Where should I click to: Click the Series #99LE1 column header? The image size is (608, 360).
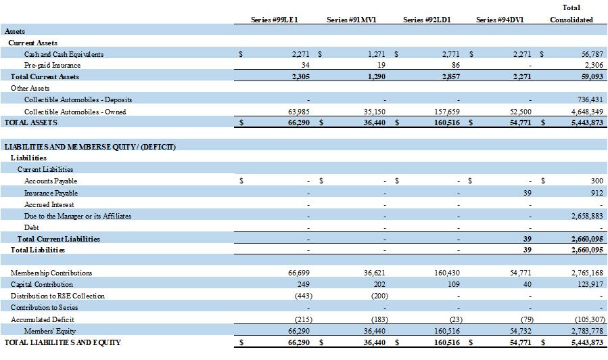[x=275, y=20]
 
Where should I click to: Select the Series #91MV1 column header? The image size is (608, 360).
[x=351, y=20]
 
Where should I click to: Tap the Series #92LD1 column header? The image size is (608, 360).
[x=427, y=20]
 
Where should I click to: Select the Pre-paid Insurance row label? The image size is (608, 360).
[x=52, y=66]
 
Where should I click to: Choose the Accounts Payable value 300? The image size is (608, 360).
[x=596, y=181]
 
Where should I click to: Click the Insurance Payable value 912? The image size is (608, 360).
[x=596, y=193]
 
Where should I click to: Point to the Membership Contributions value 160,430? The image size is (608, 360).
[x=445, y=273]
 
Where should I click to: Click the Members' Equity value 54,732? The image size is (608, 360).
[x=519, y=331]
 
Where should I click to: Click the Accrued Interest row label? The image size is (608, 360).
[x=49, y=204]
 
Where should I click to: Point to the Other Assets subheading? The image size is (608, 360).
[x=30, y=89]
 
